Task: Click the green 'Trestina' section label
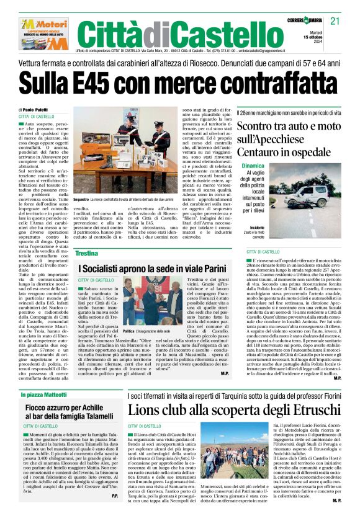88,253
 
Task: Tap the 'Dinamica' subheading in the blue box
253,166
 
